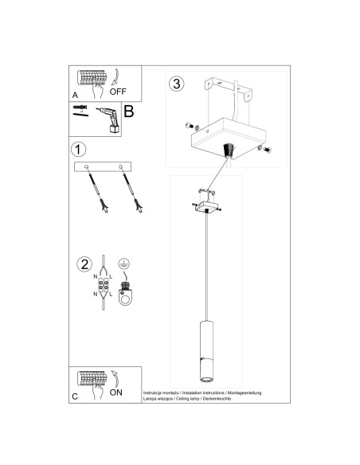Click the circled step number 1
coord(78,150)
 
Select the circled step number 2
coord(82,264)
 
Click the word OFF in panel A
coord(119,91)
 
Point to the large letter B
coord(128,113)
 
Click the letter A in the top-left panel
coord(75,95)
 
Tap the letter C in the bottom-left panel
coord(75,396)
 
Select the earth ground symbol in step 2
coord(124,264)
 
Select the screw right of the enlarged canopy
coord(268,149)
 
